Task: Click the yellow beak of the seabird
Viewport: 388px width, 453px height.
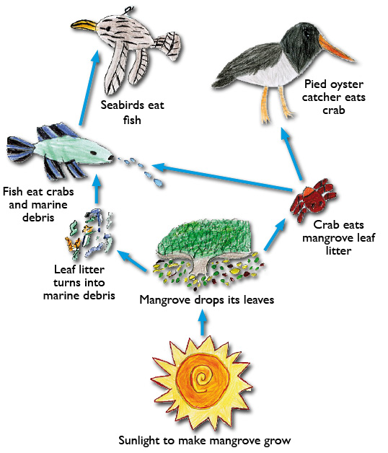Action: click(x=84, y=25)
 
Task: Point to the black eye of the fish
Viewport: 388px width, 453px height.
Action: click(x=93, y=153)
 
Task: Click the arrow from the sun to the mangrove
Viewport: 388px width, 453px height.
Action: click(x=203, y=322)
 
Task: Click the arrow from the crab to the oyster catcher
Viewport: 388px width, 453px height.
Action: click(x=291, y=154)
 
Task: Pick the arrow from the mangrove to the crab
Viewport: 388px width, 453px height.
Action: click(x=275, y=234)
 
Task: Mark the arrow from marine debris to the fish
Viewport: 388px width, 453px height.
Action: click(x=97, y=190)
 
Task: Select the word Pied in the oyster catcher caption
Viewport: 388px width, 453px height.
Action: click(x=315, y=84)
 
